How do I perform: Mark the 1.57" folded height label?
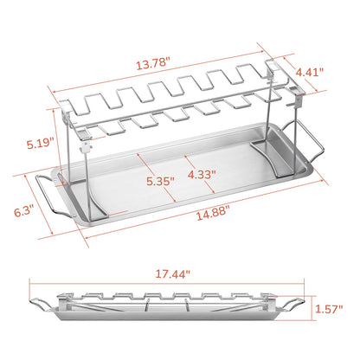coord(331,307)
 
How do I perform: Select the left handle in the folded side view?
coord(41,304)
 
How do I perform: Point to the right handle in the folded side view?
coord(295,304)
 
